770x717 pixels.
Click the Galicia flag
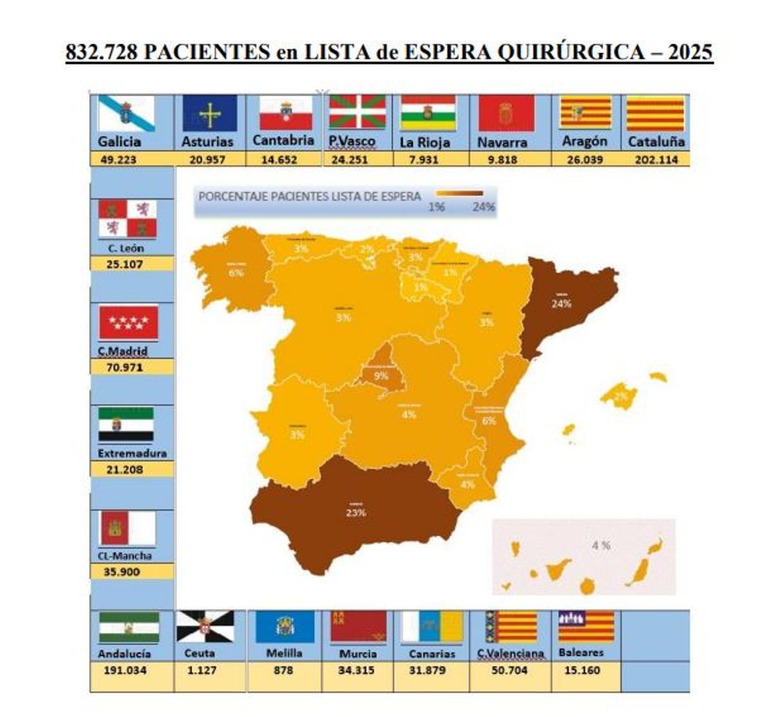tap(126, 113)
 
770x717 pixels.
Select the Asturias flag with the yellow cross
tap(209, 114)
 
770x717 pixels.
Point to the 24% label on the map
tap(561, 304)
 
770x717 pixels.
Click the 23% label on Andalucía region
tap(355, 513)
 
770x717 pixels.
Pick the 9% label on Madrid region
tap(381, 376)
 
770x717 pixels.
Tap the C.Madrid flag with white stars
tap(128, 323)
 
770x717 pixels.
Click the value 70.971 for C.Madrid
tap(125, 367)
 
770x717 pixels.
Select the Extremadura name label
tap(132, 453)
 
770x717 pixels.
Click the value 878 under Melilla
tap(283, 670)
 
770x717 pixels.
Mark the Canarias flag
tap(432, 626)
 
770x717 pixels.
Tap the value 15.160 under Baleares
tap(582, 670)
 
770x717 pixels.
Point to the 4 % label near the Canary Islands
tap(601, 546)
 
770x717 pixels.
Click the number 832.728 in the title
tap(101, 51)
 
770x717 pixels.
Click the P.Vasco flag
tap(357, 113)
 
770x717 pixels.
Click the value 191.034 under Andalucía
tap(125, 670)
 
